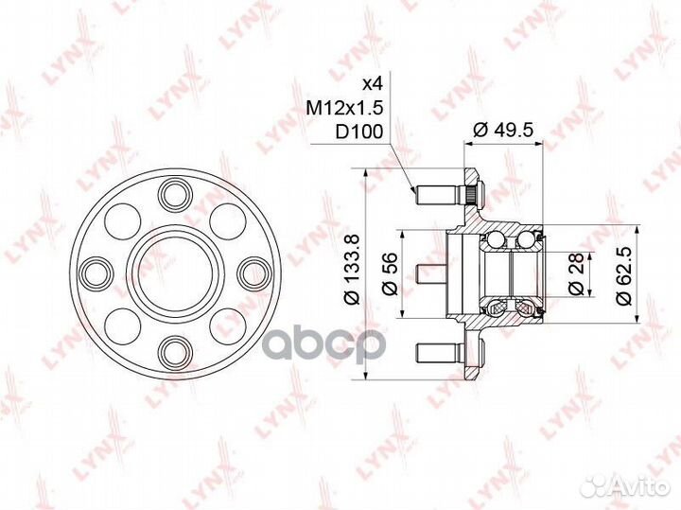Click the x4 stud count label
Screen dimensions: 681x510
tap(373, 84)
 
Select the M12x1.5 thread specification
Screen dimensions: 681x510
tap(344, 108)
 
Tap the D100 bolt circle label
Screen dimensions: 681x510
tap(358, 132)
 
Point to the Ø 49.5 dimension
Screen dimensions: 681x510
tap(502, 130)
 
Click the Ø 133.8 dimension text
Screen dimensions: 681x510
tap(352, 269)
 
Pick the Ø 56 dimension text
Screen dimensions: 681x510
tap(390, 273)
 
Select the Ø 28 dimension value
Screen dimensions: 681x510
tap(576, 274)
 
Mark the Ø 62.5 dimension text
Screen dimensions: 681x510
tap(623, 274)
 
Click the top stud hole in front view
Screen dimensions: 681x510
tap(176, 195)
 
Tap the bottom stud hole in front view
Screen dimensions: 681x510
tap(176, 352)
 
